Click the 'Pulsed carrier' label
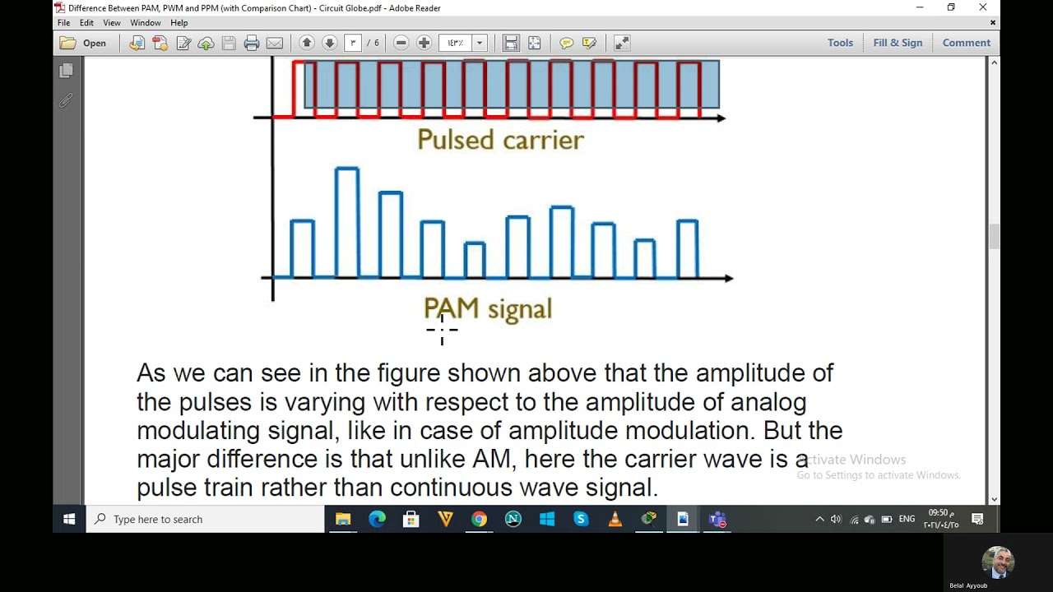tap(500, 140)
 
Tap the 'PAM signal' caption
tap(488, 309)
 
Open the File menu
tap(63, 23)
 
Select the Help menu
tap(179, 23)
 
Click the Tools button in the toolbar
tap(840, 43)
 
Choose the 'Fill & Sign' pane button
tap(898, 43)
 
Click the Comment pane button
tap(966, 43)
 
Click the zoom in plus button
tap(424, 43)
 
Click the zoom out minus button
tap(401, 43)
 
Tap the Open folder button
tap(83, 43)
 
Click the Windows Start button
tap(69, 519)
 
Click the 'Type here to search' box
tap(206, 519)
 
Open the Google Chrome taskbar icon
tap(479, 519)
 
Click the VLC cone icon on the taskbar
tap(615, 519)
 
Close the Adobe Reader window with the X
tap(982, 8)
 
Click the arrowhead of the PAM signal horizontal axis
tap(728, 278)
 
